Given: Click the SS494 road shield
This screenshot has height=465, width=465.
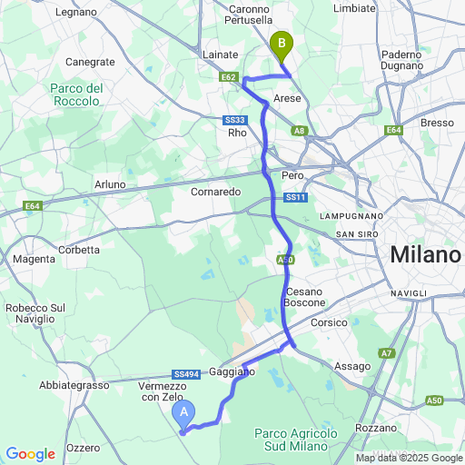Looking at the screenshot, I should [x=186, y=374].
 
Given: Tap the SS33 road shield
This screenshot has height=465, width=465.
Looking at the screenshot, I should [x=235, y=120].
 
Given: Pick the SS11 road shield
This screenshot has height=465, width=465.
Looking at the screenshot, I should [x=295, y=197].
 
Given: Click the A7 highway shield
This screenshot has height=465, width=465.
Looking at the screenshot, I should [x=388, y=352].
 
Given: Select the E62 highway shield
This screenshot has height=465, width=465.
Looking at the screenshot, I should [x=229, y=77].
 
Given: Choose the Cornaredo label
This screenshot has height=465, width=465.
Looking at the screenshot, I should [x=215, y=193].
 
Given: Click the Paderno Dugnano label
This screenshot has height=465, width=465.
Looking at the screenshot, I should [x=402, y=60].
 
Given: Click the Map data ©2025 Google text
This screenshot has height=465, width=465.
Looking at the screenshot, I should [x=409, y=458].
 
